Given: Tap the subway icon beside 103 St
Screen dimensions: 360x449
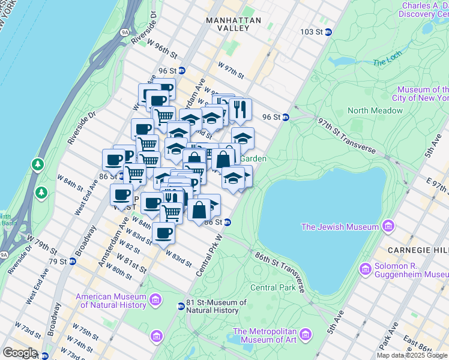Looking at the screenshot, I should tap(328, 32).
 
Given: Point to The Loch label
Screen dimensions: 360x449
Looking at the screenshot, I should tap(385, 62).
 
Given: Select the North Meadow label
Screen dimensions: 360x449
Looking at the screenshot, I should tap(375, 110).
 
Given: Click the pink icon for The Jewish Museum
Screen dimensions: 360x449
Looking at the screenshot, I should tap(388, 226).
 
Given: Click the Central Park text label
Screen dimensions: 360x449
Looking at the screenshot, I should tap(273, 287).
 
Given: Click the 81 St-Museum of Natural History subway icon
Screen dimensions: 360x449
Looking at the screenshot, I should tap(181, 307).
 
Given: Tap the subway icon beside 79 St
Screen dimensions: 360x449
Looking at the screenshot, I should tap(73, 261).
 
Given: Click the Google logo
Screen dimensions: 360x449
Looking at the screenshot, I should tap(19, 352).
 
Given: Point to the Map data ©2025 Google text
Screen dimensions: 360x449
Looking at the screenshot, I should tap(412, 355).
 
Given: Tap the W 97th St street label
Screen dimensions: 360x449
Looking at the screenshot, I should tap(231, 70).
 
